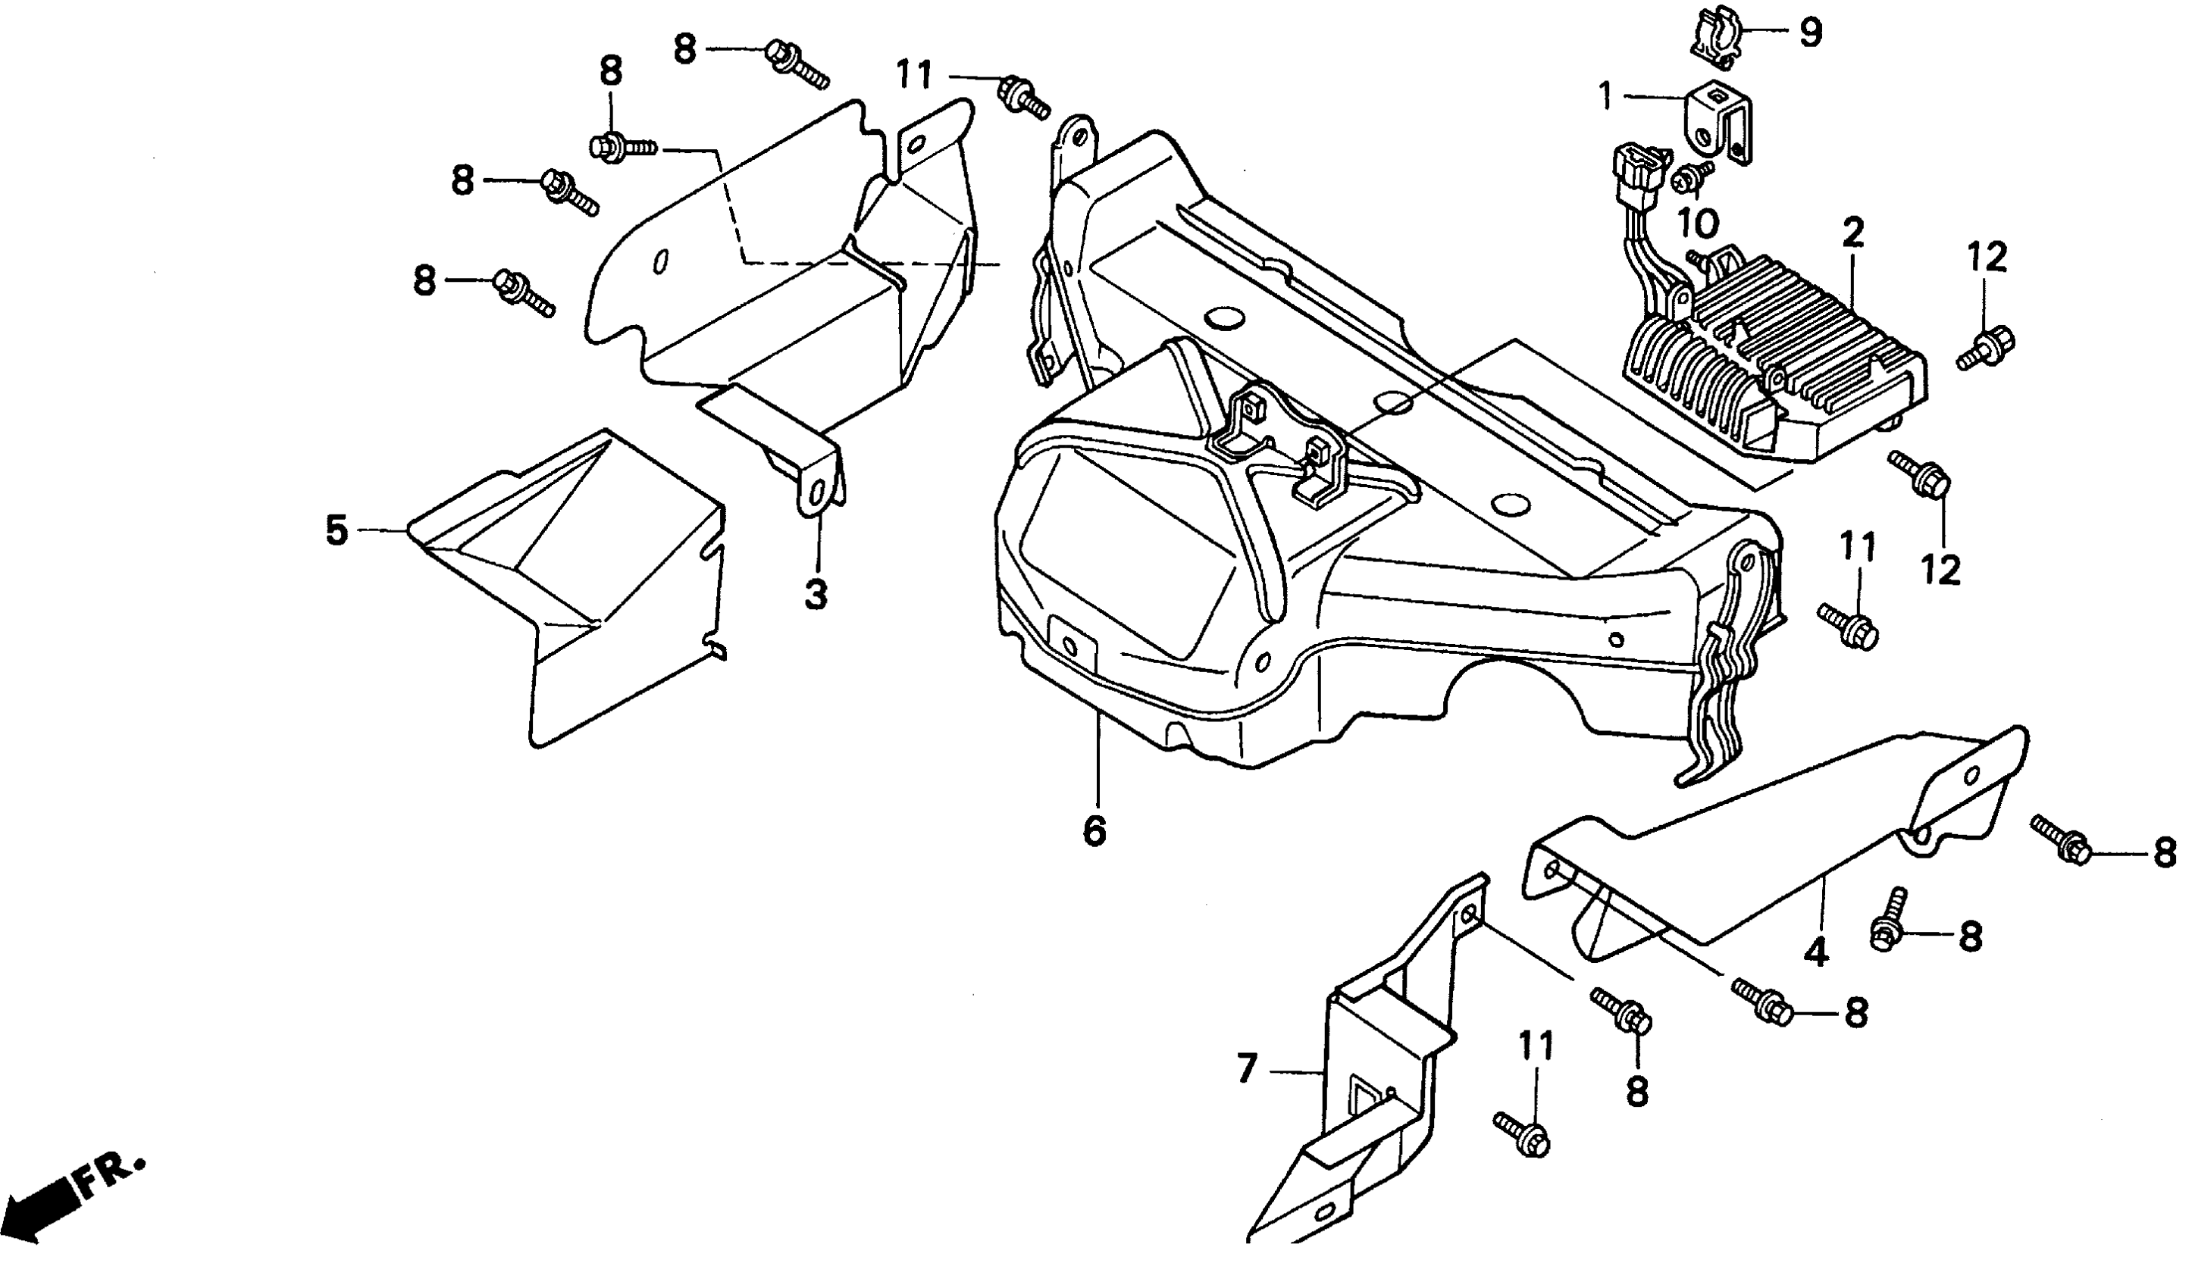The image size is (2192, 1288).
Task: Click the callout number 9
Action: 1809,33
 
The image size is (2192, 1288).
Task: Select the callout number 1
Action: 1605,95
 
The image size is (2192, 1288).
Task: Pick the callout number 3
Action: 815,595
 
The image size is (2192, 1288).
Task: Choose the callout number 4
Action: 1816,953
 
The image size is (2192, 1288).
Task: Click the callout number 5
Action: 337,530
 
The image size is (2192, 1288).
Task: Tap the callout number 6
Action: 1094,830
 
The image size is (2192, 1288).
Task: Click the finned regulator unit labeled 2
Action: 1774,357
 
